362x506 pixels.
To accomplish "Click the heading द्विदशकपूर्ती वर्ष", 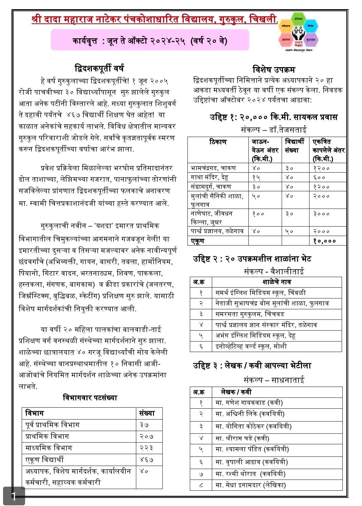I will coord(99,69).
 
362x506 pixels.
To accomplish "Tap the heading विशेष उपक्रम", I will coord(274,70).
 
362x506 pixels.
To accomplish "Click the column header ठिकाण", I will coord(218,142).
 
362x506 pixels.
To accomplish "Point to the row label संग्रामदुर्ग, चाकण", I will coord(211,187).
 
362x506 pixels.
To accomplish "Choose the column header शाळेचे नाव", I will coord(276,282).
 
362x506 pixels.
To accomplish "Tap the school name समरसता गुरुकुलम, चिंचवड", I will coord(249,314).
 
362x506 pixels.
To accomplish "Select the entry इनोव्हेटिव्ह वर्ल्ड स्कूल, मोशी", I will coord(251,346).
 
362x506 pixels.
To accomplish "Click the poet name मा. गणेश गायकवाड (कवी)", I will coord(249,403).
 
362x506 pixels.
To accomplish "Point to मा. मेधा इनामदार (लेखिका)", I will coord(250,485).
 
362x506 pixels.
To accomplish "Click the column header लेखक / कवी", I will coord(236,392).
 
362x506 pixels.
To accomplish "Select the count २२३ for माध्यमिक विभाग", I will coord(146,448).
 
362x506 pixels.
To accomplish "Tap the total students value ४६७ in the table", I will coord(146,460).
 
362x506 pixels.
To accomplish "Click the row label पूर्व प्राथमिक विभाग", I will coord(52,425).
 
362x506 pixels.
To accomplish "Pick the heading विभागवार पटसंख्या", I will coord(90,398).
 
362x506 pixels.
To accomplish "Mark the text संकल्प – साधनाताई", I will coord(274,380).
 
